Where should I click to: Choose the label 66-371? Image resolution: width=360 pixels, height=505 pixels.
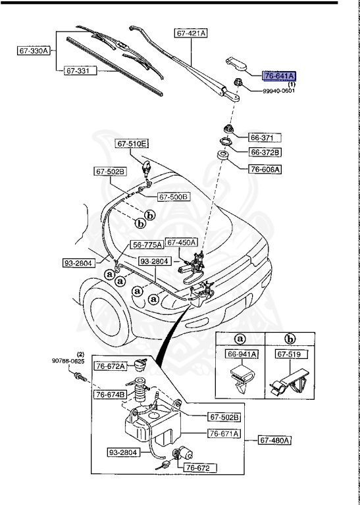tap(265, 138)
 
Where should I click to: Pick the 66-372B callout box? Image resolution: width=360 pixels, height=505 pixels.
tap(265, 153)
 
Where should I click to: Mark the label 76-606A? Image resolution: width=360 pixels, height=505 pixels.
tap(265, 169)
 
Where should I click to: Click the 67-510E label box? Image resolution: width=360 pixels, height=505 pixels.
tap(133, 143)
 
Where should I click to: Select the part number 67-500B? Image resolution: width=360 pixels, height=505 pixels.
tap(173, 196)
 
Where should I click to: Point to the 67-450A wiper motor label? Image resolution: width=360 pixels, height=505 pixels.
tap(182, 243)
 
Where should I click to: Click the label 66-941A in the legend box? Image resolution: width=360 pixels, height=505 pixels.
tap(242, 354)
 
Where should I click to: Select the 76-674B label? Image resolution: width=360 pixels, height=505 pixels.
tap(110, 395)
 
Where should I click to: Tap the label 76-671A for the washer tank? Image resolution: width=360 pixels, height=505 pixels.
tap(224, 433)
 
